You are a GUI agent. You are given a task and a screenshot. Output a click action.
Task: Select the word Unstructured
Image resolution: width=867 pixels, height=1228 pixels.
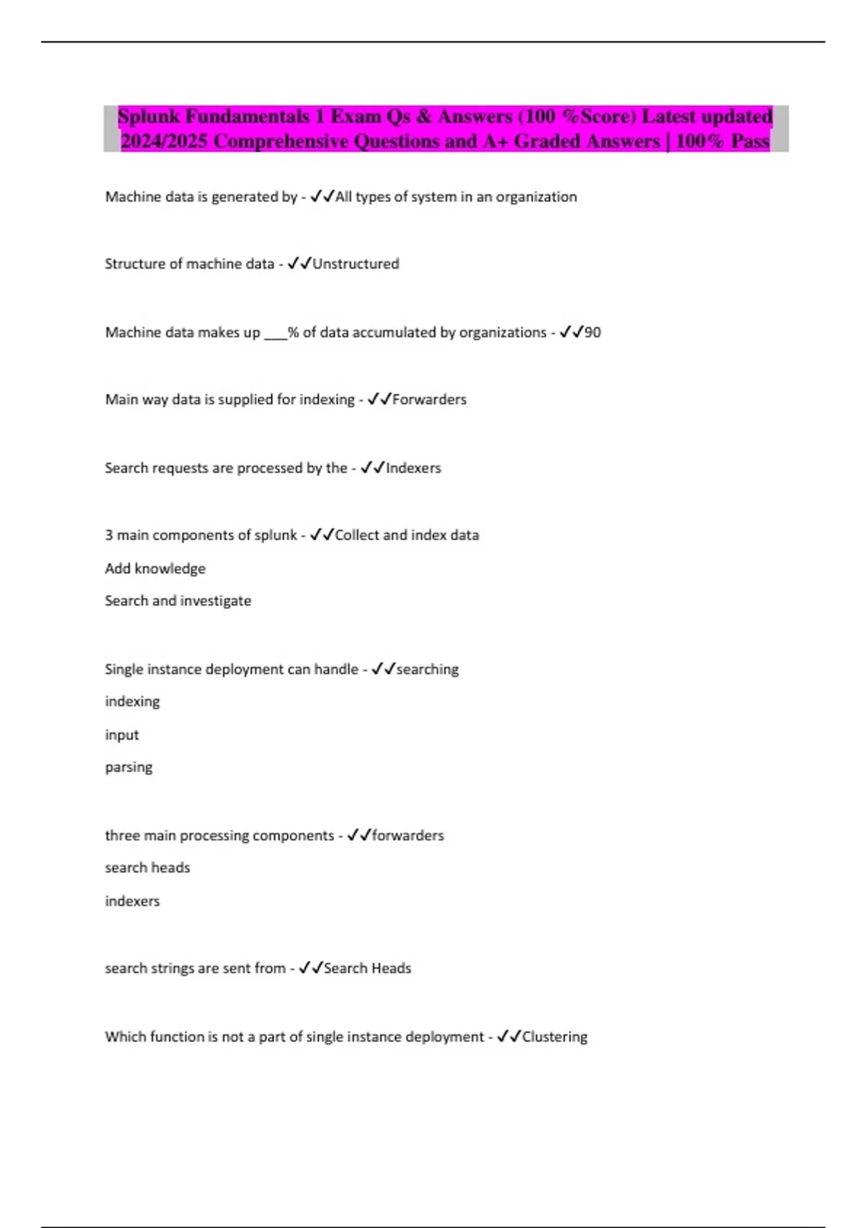coord(355,264)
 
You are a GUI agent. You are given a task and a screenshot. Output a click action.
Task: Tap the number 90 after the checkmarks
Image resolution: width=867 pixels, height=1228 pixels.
coord(592,332)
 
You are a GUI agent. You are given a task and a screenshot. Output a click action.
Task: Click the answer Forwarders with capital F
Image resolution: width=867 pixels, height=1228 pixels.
coord(429,399)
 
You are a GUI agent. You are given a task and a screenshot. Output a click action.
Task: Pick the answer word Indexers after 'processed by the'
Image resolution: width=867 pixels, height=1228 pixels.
coord(413,468)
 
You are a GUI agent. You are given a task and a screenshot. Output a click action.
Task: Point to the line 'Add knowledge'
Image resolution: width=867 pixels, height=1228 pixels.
coord(155,568)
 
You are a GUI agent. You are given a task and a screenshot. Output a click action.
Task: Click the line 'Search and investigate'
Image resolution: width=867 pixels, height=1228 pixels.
coord(178,601)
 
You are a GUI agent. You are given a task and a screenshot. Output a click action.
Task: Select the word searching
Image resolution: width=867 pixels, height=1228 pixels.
coord(427,670)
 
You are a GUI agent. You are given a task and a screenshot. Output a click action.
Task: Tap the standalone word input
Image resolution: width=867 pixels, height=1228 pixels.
coord(121,735)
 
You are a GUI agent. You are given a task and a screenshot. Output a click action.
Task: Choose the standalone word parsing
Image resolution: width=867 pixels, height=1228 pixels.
coord(129,767)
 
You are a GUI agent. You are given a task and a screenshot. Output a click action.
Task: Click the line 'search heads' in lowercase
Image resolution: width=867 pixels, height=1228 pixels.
coord(147,868)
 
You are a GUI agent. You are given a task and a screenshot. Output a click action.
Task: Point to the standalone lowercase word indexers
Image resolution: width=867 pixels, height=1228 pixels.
coord(132,901)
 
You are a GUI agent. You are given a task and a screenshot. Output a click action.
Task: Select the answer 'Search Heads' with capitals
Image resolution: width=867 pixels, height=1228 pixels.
coord(367,968)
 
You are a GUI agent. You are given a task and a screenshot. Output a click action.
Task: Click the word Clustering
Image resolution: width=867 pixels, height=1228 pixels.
coord(554,1037)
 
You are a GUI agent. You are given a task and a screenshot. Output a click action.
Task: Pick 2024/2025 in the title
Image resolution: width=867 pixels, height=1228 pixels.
coord(164,141)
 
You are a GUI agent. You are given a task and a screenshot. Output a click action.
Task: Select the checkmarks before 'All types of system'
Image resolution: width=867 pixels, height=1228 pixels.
coord(322,196)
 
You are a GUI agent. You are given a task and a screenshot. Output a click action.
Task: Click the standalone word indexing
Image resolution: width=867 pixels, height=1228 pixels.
coord(132,701)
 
